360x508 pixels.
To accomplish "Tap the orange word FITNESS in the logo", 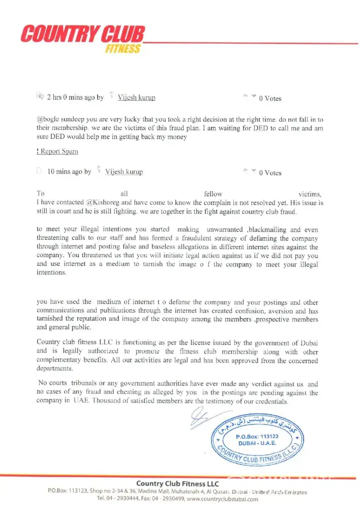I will click(123, 49).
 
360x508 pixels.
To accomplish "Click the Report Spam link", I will click(57, 151).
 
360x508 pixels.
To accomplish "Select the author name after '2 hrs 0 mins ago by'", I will click(136, 98).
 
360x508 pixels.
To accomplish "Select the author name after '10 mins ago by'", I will click(124, 172).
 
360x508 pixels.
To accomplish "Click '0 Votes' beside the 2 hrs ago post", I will click(270, 99).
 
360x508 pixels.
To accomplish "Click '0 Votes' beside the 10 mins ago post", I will click(270, 173).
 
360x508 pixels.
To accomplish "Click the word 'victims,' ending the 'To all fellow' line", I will click(310, 194).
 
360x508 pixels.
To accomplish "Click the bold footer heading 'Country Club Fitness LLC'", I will click(177, 484).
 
